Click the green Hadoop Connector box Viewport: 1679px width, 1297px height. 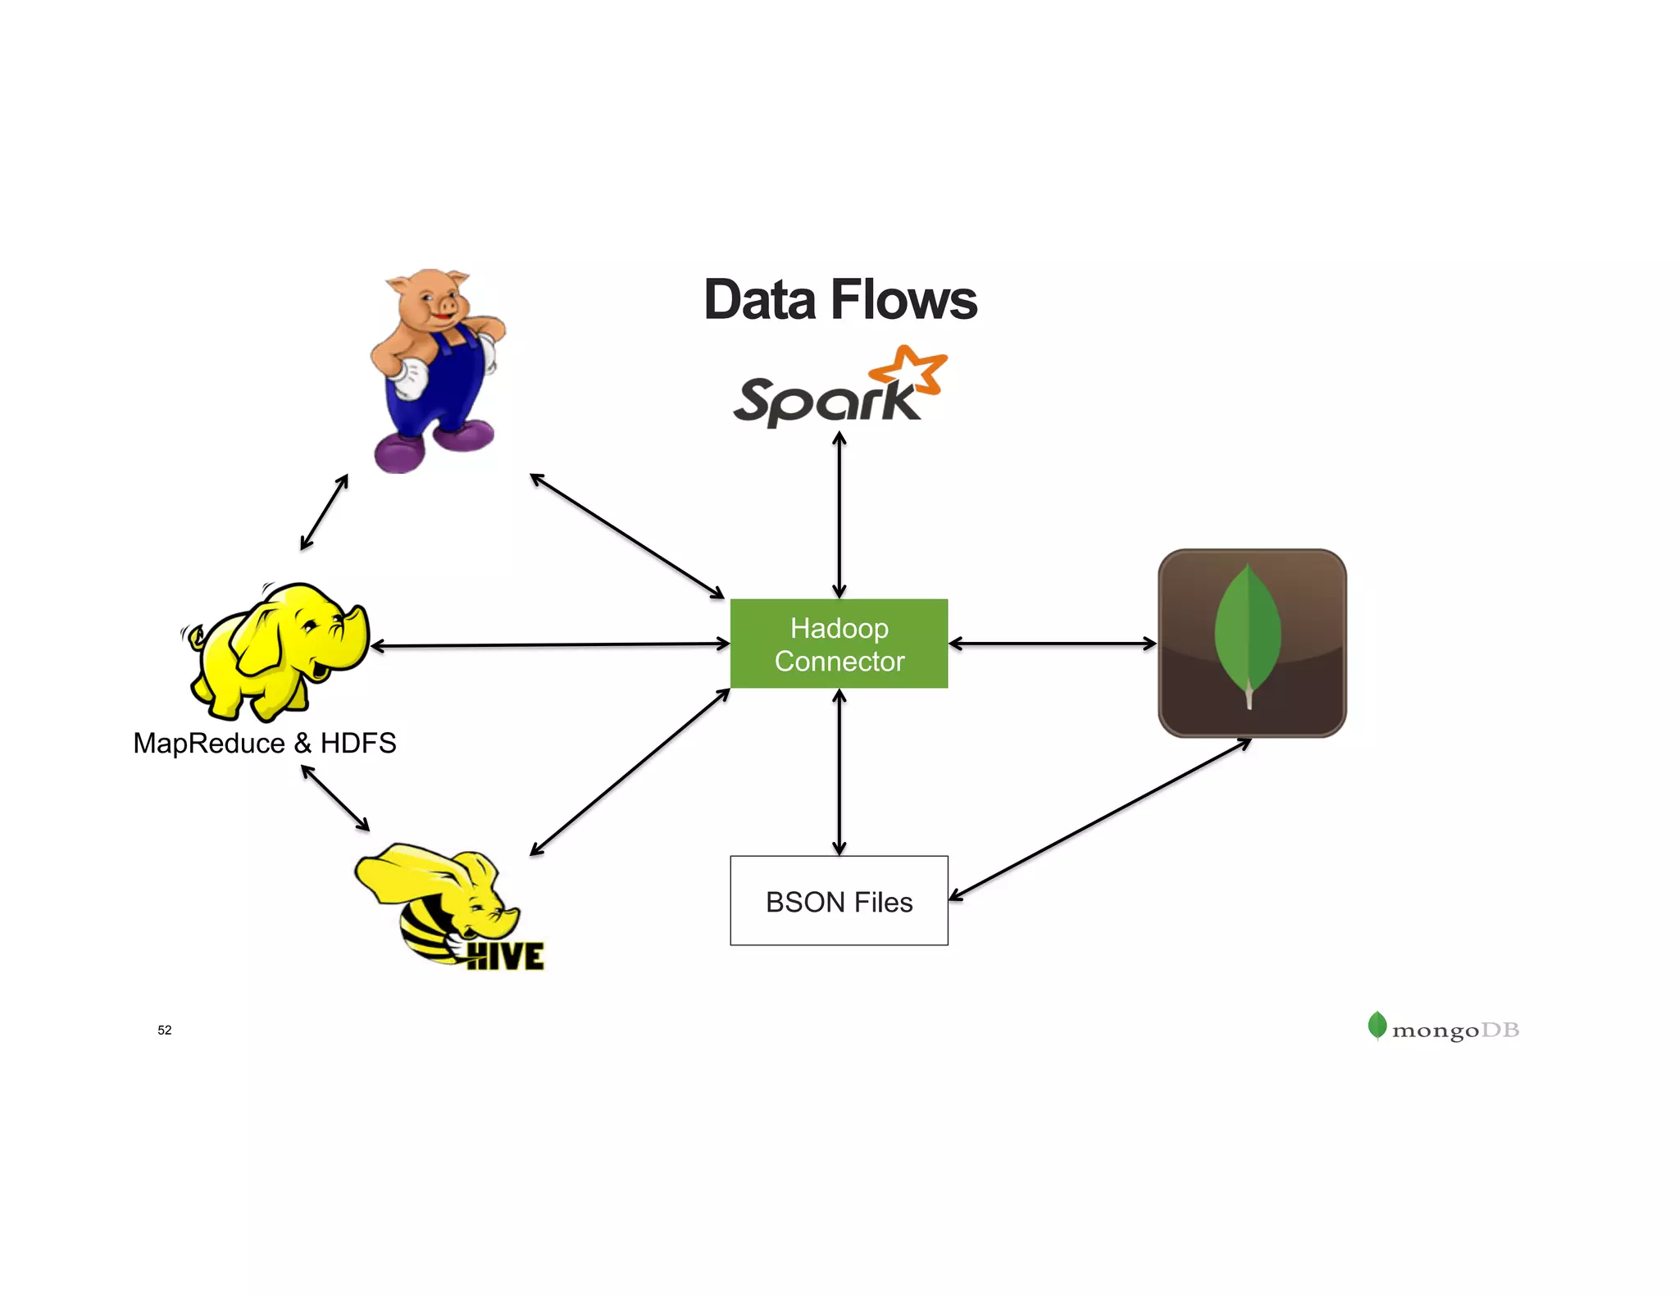(x=839, y=644)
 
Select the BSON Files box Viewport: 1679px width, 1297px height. (x=839, y=901)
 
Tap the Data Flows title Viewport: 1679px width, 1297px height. (x=839, y=300)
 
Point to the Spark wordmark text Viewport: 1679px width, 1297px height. (x=824, y=402)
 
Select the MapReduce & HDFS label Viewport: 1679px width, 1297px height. (x=265, y=743)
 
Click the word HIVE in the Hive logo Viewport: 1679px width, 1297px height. (x=505, y=956)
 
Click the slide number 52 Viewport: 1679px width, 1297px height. (x=165, y=1030)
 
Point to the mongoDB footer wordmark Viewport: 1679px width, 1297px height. (x=1455, y=1030)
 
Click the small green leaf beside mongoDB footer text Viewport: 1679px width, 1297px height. (x=1377, y=1025)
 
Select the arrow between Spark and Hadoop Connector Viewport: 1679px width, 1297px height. (x=839, y=515)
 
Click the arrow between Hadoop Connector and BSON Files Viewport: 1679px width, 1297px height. (x=839, y=771)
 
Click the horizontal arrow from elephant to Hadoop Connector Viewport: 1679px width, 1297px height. (x=549, y=645)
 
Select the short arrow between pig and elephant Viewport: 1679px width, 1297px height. (x=325, y=512)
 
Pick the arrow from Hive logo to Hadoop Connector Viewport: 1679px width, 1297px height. (x=630, y=771)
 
